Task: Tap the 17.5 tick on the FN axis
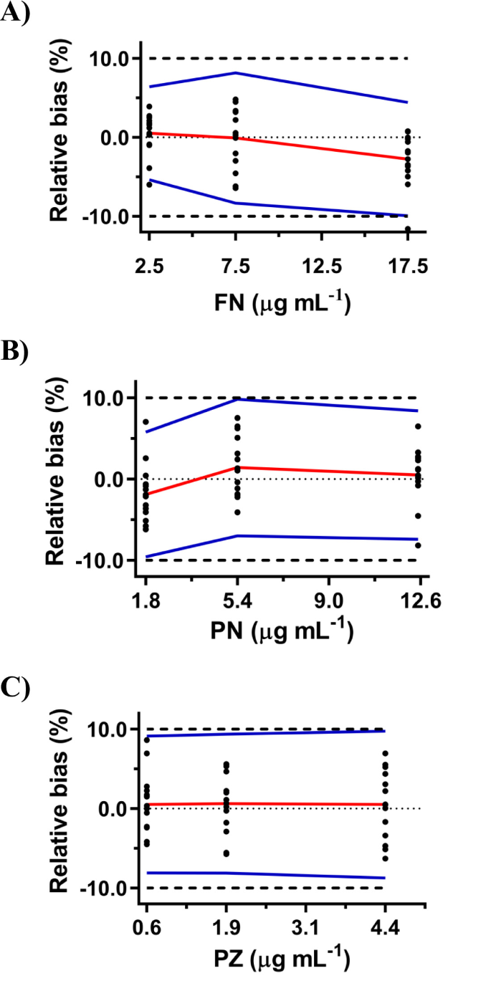[x=407, y=267]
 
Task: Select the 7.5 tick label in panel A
[x=236, y=267]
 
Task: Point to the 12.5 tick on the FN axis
[x=322, y=267]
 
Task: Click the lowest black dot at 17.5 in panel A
[x=408, y=229]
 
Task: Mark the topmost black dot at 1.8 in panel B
[x=146, y=422]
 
